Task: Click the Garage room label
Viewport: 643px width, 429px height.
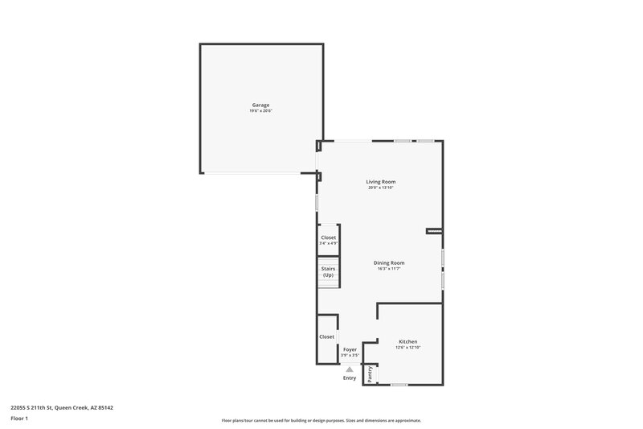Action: pos(260,105)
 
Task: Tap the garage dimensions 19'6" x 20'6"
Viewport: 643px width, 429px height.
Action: pos(260,110)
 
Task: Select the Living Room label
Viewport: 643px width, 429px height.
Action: pos(381,182)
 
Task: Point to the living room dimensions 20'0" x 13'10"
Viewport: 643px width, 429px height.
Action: pos(381,188)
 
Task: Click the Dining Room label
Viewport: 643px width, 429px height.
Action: pos(389,262)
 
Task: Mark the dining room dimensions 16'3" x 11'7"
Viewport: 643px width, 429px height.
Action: pos(389,269)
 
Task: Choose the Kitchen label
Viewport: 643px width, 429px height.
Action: pos(408,341)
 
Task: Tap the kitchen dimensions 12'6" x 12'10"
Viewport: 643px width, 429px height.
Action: pos(408,348)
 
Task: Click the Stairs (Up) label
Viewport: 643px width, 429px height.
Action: pos(328,272)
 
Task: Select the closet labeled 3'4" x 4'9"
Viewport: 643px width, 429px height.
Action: pos(328,240)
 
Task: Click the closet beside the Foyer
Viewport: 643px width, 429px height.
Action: pos(326,336)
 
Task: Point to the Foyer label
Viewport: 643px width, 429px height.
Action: pos(350,350)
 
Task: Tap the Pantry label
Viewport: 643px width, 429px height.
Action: pos(370,374)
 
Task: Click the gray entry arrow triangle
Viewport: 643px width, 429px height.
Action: pos(350,369)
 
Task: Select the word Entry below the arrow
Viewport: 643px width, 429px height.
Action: pos(350,377)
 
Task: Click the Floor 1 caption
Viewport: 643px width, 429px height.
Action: pos(20,419)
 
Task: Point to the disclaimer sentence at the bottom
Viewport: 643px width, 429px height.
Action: pos(321,420)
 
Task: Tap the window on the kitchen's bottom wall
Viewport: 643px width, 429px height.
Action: pos(400,385)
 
